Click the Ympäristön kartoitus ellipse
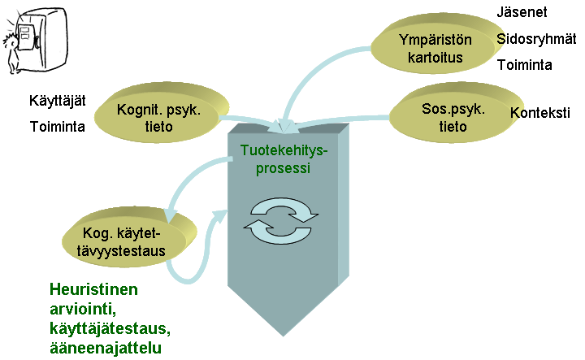pyautogui.click(x=437, y=46)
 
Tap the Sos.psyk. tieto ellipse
pyautogui.click(x=456, y=114)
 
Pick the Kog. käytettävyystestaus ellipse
pyautogui.click(x=129, y=238)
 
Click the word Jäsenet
pyautogui.click(x=522, y=12)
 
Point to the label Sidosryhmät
pyautogui.click(x=536, y=39)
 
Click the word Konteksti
pyautogui.click(x=539, y=112)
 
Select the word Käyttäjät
pyautogui.click(x=58, y=101)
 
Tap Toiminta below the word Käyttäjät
pyautogui.click(x=57, y=127)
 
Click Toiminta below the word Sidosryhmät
pyautogui.click(x=525, y=65)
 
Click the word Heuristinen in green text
pyautogui.click(x=93, y=289)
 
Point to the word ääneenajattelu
pyautogui.click(x=106, y=348)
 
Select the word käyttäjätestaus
pyautogui.click(x=110, y=328)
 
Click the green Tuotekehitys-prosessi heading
pyautogui.click(x=284, y=159)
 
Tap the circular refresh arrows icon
pyautogui.click(x=280, y=220)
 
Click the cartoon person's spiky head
pyautogui.click(x=10, y=41)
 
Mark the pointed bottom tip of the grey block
pyautogui.click(x=284, y=336)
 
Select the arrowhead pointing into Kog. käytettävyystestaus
pyautogui.click(x=170, y=215)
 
